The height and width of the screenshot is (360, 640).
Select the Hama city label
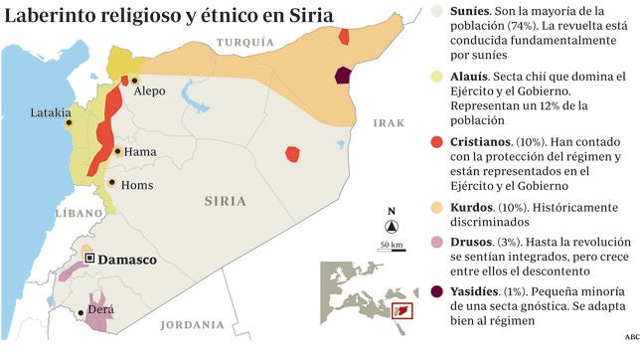pyautogui.click(x=143, y=152)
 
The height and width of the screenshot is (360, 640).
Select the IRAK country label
pyautogui.click(x=389, y=123)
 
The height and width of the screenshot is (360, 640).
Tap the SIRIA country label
pyautogui.click(x=224, y=200)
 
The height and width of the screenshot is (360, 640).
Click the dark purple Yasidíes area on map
pyautogui.click(x=344, y=77)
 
